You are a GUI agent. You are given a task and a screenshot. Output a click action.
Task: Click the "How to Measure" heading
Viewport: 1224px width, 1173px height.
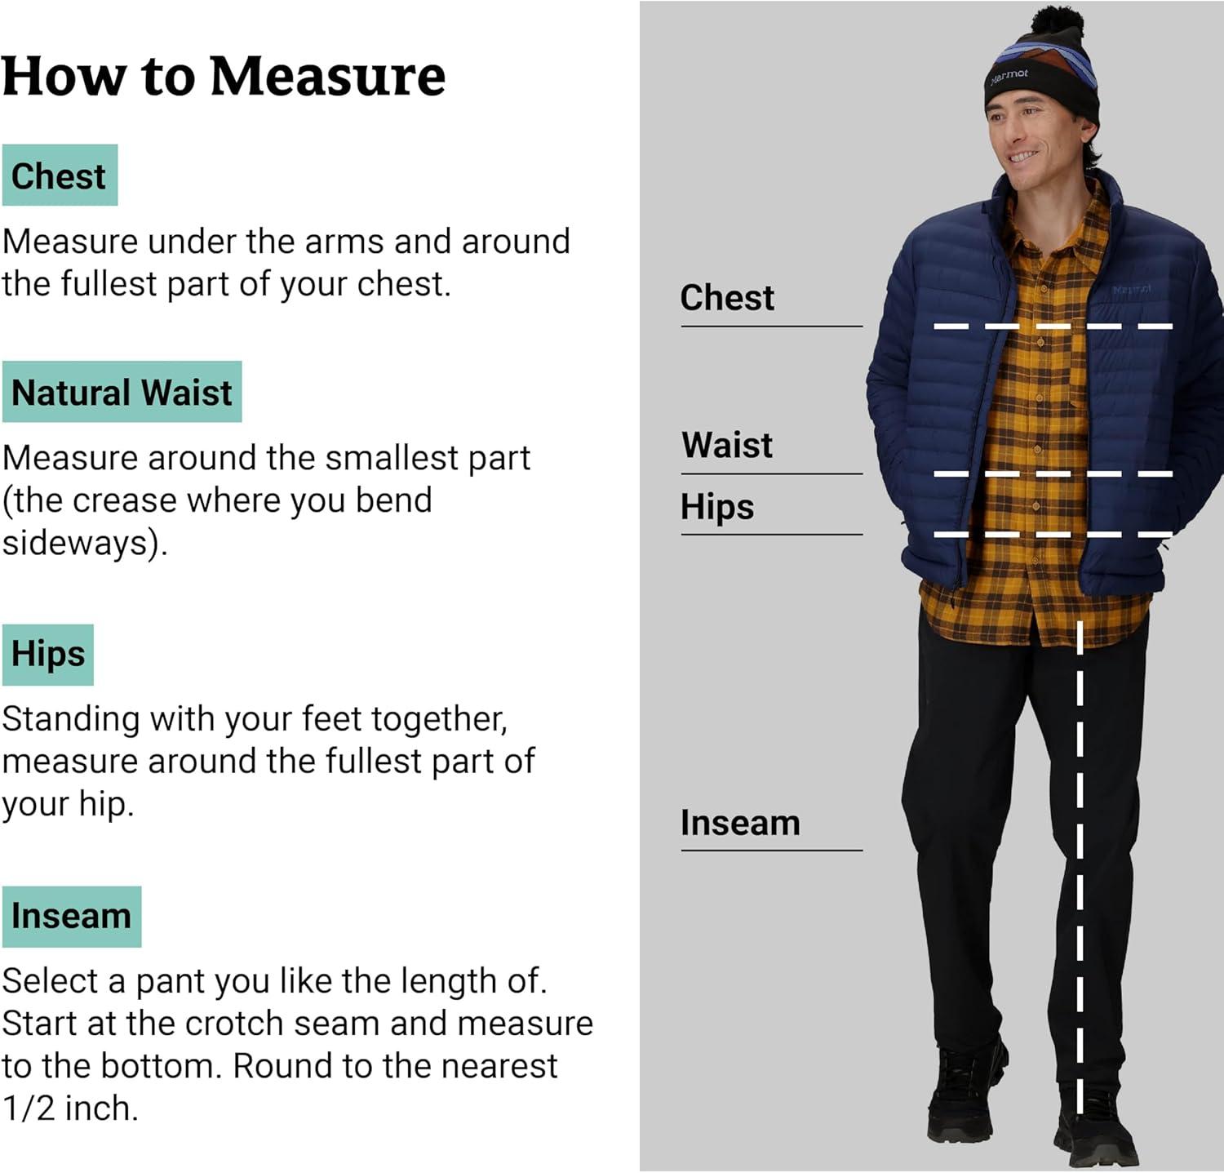point(224,76)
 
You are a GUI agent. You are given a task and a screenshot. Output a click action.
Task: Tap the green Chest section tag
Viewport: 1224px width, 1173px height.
point(60,176)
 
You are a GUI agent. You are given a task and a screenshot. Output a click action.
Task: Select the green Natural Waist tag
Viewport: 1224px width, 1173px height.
point(122,392)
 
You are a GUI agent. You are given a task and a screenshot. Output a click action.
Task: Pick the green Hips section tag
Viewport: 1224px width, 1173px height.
point(48,655)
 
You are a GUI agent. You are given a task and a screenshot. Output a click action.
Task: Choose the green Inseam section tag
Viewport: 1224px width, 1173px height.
point(72,917)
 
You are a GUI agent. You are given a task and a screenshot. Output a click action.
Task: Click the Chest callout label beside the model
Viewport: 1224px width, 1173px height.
point(727,298)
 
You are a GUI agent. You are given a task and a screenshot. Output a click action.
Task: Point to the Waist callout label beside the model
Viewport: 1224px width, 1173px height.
point(727,446)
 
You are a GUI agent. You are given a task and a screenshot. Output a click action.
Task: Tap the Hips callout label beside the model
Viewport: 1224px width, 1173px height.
point(717,507)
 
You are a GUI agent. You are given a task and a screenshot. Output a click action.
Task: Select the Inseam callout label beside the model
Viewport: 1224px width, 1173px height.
point(740,823)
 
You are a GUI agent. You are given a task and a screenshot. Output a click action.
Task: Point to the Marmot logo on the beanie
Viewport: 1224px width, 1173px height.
point(1009,77)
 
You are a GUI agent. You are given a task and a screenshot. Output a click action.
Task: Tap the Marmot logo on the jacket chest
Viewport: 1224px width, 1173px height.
point(1133,290)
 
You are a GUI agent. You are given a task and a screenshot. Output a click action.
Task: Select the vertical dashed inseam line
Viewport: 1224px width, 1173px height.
point(1080,868)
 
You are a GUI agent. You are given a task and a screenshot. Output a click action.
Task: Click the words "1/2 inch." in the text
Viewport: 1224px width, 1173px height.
point(70,1109)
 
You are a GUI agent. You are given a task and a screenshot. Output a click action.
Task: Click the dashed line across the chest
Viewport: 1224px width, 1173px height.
point(1053,327)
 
